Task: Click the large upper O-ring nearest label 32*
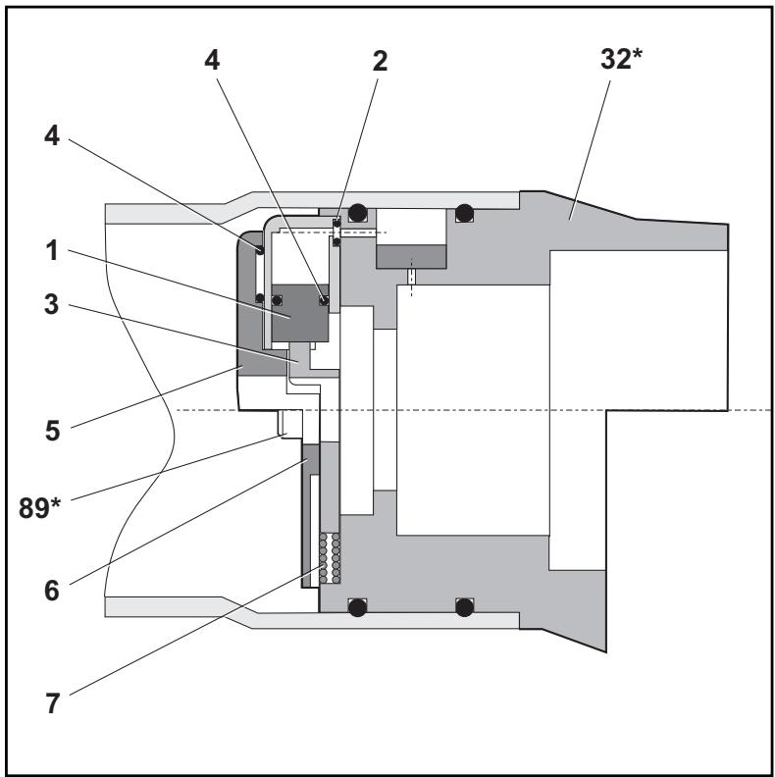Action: [x=464, y=211]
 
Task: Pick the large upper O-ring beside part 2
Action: [x=357, y=211]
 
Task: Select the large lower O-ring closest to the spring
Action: [x=357, y=608]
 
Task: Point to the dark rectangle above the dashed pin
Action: [x=411, y=257]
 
